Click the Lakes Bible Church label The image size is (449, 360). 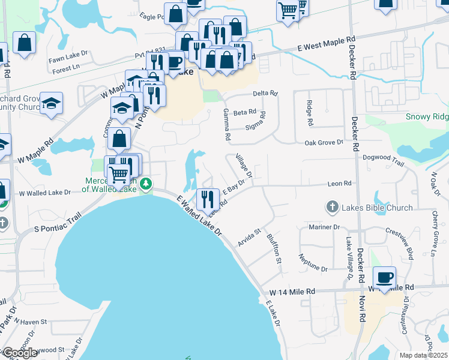[377, 208]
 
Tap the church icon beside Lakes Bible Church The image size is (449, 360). [332, 208]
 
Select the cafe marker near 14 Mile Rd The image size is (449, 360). [384, 278]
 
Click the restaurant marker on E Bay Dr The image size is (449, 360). [207, 199]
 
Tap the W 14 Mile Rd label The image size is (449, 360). [292, 292]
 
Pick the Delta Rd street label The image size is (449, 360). [265, 93]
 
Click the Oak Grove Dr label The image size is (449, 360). [324, 143]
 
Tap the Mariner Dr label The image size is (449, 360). [324, 227]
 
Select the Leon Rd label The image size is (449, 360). [339, 184]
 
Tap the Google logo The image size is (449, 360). [20, 353]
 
